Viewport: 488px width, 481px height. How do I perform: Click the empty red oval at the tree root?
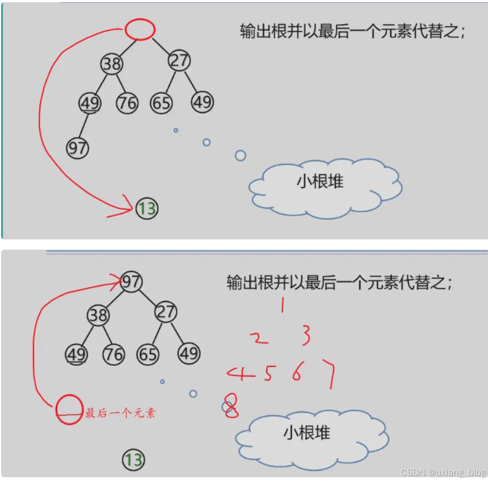tap(140, 30)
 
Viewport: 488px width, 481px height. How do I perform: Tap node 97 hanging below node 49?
tap(77, 148)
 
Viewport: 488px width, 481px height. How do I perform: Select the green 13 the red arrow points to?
tap(146, 208)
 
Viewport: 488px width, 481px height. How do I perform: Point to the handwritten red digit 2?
tap(259, 338)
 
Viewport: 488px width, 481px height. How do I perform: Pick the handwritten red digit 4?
tap(241, 373)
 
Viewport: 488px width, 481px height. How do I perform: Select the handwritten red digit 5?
tap(268, 373)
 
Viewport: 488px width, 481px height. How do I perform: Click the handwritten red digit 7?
tap(328, 373)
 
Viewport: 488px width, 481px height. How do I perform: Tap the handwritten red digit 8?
tap(232, 406)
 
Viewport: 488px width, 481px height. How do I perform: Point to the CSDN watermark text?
tap(443, 472)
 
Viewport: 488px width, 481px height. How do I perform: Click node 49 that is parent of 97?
tap(90, 103)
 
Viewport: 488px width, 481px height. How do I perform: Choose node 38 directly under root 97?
tap(98, 315)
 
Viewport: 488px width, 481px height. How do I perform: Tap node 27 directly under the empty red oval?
tap(179, 61)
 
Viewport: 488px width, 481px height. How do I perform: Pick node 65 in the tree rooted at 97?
tap(147, 355)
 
